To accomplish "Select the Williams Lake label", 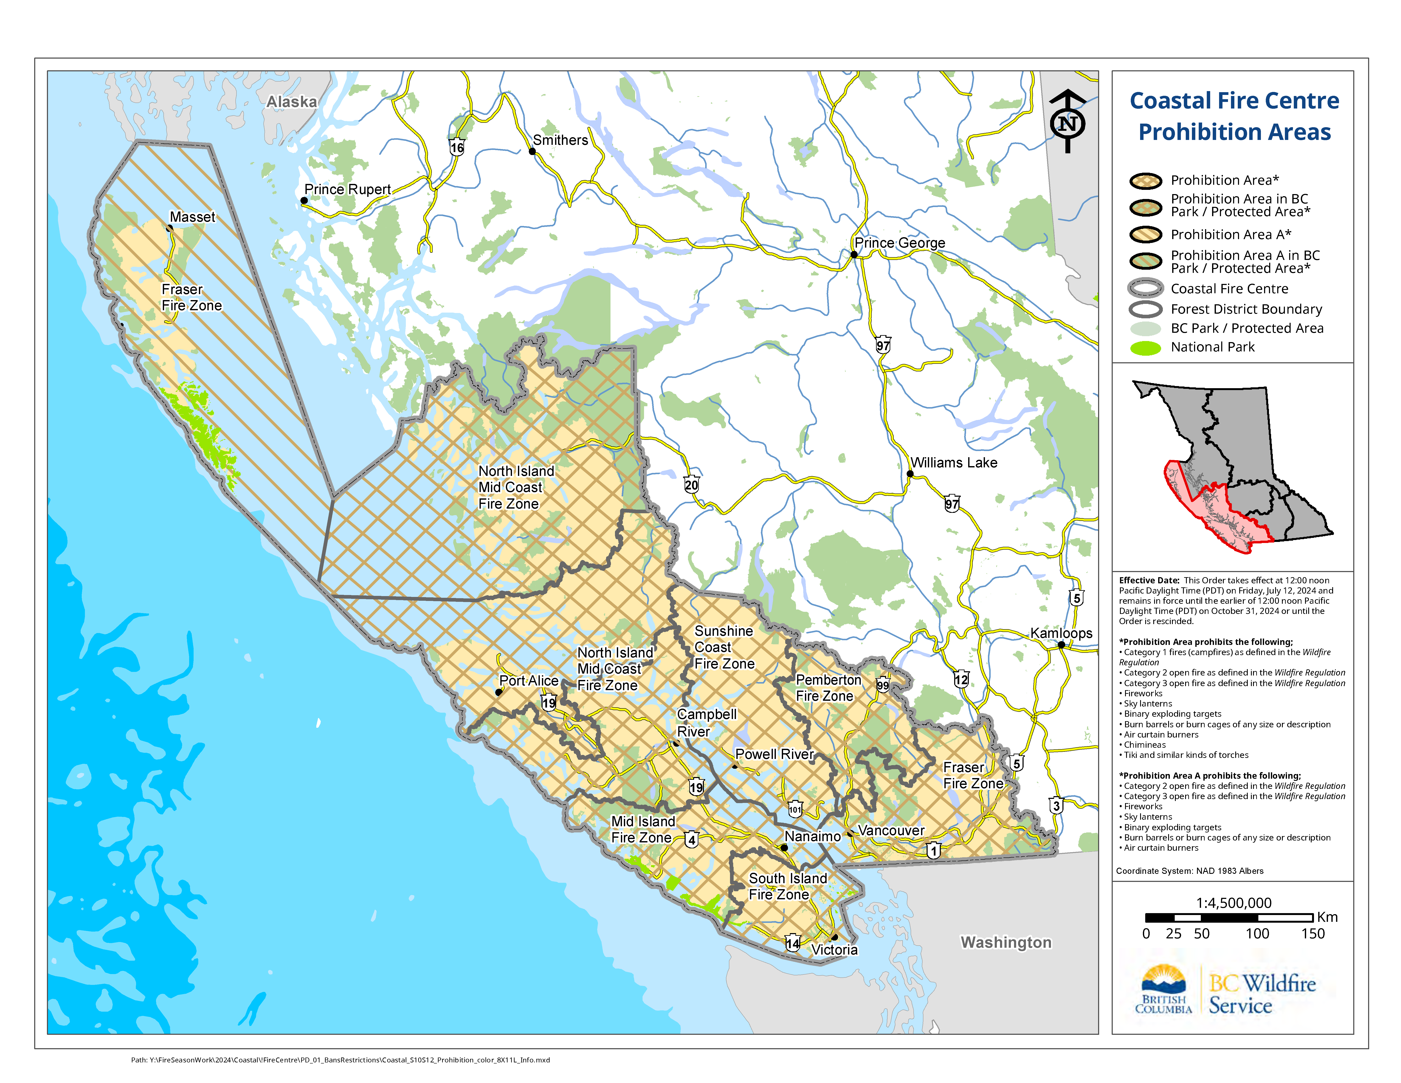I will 954,463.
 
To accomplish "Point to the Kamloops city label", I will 1061,633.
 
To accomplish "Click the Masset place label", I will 193,217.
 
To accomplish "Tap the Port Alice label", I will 529,681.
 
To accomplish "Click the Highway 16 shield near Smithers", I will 457,148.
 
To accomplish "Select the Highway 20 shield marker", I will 691,485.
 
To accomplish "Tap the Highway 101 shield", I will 795,810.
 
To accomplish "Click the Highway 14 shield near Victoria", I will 793,943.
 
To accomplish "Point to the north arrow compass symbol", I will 1068,122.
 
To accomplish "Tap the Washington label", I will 1006,942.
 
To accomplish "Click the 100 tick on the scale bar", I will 1257,934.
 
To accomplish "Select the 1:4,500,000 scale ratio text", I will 1234,903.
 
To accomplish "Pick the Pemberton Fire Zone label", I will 827,688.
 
